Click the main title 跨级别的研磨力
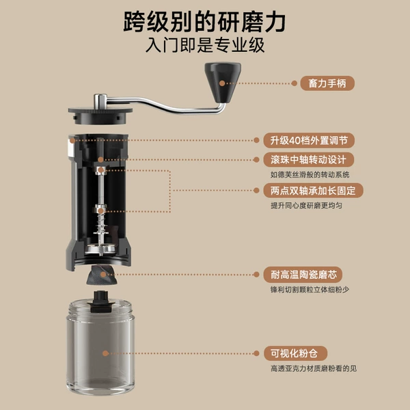(204, 22)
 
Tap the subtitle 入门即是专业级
(205, 45)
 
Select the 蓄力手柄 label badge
(327, 83)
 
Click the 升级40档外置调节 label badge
(309, 140)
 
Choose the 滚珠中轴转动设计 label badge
(309, 159)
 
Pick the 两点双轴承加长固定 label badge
(313, 191)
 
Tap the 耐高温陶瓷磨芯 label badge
(303, 275)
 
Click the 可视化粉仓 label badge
(295, 353)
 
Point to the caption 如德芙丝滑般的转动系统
(310, 175)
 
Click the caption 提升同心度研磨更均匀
(306, 206)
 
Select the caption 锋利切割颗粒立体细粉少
(310, 290)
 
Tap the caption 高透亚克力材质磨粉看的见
(314, 369)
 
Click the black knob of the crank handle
(222, 82)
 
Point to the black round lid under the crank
(100, 115)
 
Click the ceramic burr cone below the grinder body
(102, 275)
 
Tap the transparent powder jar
(100, 348)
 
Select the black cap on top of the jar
(101, 302)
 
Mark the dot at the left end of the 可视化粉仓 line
(105, 353)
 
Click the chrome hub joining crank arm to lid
(100, 101)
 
